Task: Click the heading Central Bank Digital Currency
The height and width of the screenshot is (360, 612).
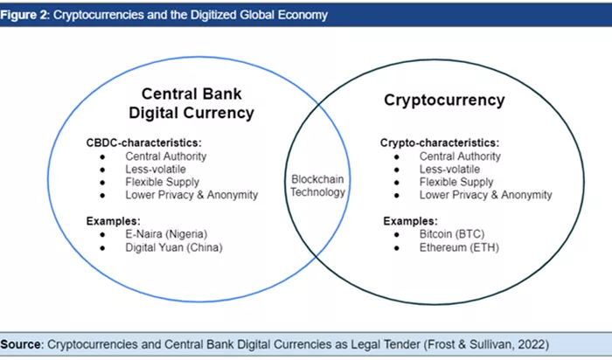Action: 191,103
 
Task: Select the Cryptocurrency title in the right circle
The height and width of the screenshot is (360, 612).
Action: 444,100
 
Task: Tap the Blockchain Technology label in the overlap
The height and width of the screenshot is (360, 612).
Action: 317,185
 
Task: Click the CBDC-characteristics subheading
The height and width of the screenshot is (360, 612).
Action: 143,142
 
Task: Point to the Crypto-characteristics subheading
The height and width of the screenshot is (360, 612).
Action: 440,142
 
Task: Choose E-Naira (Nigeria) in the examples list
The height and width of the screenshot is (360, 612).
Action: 166,234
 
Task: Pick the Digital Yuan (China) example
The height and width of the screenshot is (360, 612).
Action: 174,247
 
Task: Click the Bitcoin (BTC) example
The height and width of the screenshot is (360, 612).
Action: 452,234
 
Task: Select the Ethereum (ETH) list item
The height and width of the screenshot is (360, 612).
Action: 459,247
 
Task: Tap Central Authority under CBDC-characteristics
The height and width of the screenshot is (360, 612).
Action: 166,156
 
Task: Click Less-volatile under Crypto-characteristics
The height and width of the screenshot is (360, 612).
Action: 449,170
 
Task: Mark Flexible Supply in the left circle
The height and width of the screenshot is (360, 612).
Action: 162,182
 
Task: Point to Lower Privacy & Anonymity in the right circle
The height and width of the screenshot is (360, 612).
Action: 485,195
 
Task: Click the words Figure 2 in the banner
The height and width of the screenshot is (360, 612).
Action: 24,15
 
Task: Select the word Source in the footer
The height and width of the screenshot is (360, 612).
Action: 21,344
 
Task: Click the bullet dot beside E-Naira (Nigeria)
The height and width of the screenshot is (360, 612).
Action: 102,234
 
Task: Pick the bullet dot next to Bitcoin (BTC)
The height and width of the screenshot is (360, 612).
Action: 397,234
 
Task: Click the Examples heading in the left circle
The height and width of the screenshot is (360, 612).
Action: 113,221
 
